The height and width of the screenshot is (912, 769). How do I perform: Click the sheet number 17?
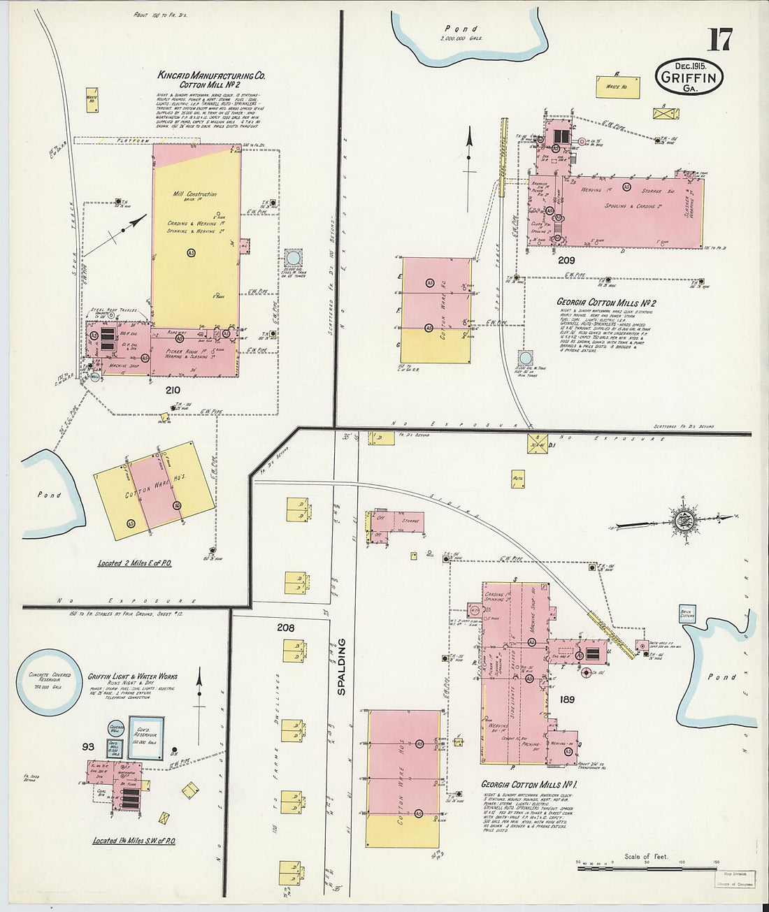pos(719,40)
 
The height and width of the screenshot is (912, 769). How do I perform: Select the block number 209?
pos(566,260)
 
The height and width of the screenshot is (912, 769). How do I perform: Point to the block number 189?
pos(566,698)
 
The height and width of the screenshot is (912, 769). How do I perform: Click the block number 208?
pos(285,628)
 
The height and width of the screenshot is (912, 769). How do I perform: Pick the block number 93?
pos(88,746)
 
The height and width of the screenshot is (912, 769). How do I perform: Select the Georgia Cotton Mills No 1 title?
pos(533,784)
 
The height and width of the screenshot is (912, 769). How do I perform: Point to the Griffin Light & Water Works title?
pos(133,676)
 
